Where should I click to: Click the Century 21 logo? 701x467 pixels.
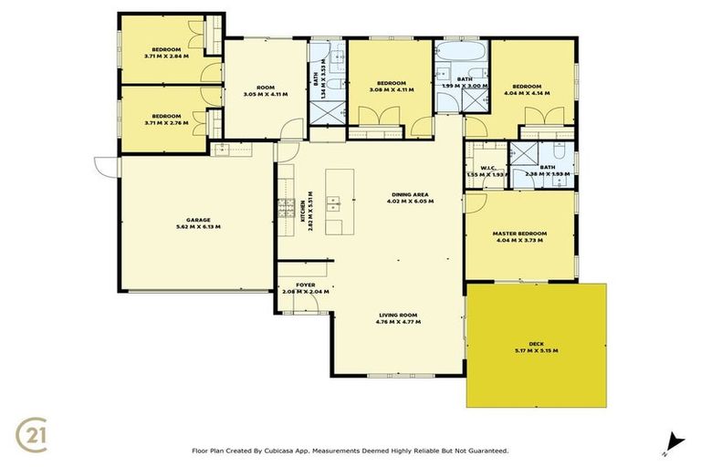click(x=34, y=434)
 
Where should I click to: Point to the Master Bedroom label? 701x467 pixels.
click(x=518, y=236)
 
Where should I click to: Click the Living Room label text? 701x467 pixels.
click(x=398, y=318)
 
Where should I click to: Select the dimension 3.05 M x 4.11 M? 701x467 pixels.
click(x=265, y=92)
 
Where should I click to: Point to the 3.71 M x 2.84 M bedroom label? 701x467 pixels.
click(x=165, y=52)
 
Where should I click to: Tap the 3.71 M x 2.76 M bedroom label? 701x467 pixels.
click(x=165, y=119)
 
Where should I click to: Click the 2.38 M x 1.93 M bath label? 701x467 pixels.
click(x=547, y=171)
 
